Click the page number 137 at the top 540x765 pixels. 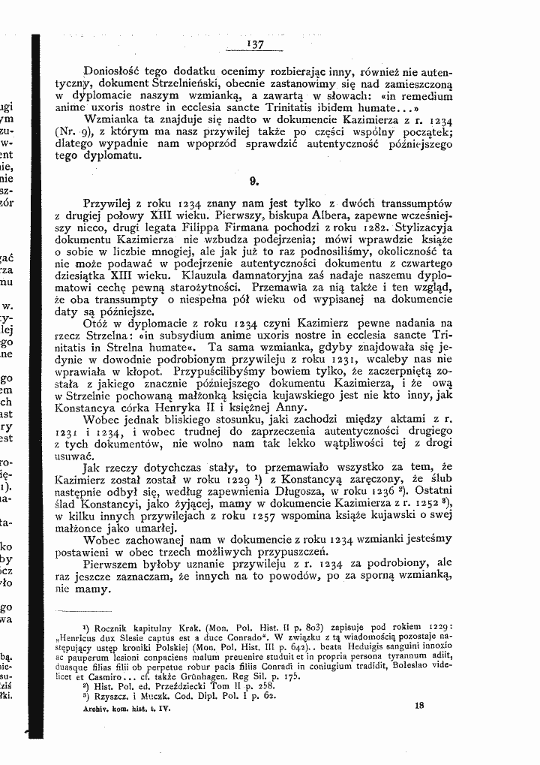256,45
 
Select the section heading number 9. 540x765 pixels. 255,180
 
